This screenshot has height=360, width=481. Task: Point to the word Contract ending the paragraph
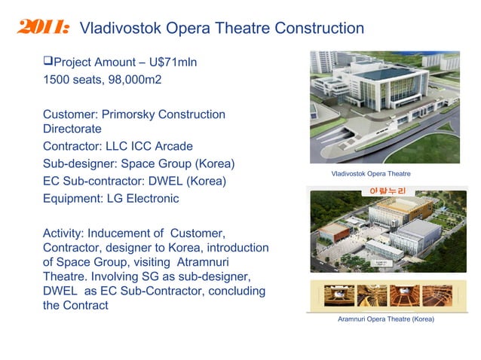click(86, 305)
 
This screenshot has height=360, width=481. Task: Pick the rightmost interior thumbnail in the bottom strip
click(437, 295)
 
